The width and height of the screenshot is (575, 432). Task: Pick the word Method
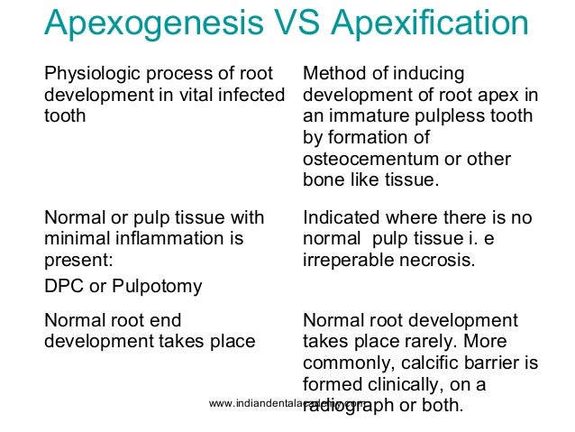333,73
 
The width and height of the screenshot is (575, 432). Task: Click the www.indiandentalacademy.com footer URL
287,403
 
